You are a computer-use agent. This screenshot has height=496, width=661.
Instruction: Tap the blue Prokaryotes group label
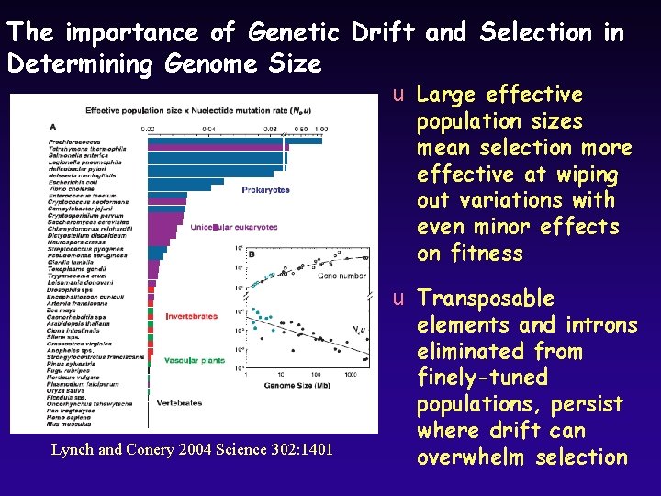pos(265,190)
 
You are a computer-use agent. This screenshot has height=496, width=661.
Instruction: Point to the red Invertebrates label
pos(191,316)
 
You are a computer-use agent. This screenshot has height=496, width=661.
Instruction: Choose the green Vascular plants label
pos(195,361)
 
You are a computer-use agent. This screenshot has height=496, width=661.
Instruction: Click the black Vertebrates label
pos(180,402)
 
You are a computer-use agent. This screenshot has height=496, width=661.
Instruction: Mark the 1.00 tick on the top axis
pos(320,129)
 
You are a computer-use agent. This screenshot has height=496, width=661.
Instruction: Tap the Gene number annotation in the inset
pos(341,276)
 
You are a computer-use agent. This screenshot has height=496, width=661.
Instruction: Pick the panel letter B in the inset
pos(252,254)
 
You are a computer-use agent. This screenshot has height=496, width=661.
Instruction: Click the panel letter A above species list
pos(52,126)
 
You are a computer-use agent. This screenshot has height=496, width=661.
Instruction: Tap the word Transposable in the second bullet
pos(485,299)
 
